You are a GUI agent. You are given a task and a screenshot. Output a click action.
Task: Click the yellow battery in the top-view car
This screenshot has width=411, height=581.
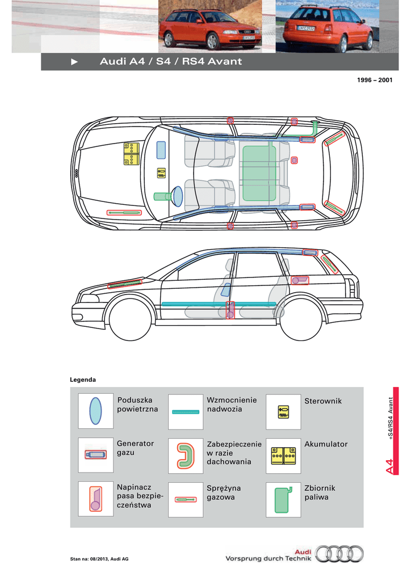click(x=132, y=153)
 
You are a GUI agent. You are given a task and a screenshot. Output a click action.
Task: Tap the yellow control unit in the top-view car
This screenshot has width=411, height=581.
click(x=161, y=173)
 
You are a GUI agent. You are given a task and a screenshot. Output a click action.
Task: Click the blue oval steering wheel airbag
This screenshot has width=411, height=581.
click(x=178, y=196)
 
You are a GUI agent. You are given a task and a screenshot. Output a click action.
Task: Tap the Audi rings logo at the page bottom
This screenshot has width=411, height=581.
click(x=339, y=554)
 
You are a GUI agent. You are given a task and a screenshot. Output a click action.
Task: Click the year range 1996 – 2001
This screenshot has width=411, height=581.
click(x=375, y=80)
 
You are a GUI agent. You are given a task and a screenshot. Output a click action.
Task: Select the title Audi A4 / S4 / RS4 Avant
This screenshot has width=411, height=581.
click(x=171, y=61)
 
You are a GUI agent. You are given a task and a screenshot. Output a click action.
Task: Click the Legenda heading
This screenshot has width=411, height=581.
click(x=83, y=380)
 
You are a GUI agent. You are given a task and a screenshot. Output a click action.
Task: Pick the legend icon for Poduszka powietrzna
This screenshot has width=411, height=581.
click(x=95, y=411)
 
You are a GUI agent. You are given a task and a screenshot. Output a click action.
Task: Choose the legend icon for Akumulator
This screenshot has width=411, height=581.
click(x=283, y=456)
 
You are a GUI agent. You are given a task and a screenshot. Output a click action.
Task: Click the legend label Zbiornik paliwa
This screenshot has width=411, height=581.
click(x=320, y=492)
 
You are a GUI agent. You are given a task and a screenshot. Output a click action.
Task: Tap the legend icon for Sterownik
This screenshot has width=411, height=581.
click(x=283, y=412)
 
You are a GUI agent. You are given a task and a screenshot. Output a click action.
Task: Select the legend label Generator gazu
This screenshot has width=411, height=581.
click(x=135, y=448)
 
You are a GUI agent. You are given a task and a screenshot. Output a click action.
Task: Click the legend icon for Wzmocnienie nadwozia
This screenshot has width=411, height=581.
click(x=186, y=412)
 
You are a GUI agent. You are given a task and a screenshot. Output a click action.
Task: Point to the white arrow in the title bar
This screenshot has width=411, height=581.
click(x=74, y=62)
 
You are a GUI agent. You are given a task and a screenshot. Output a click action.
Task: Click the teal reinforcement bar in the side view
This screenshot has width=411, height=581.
click(x=219, y=304)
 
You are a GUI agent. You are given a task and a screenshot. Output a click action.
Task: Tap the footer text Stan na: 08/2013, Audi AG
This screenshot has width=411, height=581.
click(x=99, y=559)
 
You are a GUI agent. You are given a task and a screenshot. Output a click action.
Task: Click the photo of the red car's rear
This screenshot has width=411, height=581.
click(x=327, y=26)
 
